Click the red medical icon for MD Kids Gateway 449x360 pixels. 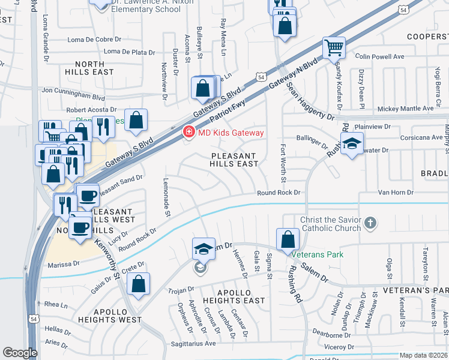(188, 133)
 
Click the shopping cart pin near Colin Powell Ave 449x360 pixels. (334, 47)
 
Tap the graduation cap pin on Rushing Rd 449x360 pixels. (352, 143)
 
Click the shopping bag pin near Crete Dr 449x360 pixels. (139, 284)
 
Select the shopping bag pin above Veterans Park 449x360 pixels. (288, 239)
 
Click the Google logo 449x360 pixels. (20, 353)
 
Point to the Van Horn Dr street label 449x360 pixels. (395, 193)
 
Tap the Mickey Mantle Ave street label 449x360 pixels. (405, 109)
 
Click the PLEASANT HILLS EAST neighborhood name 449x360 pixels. (234, 160)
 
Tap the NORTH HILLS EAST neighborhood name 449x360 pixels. (94, 67)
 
